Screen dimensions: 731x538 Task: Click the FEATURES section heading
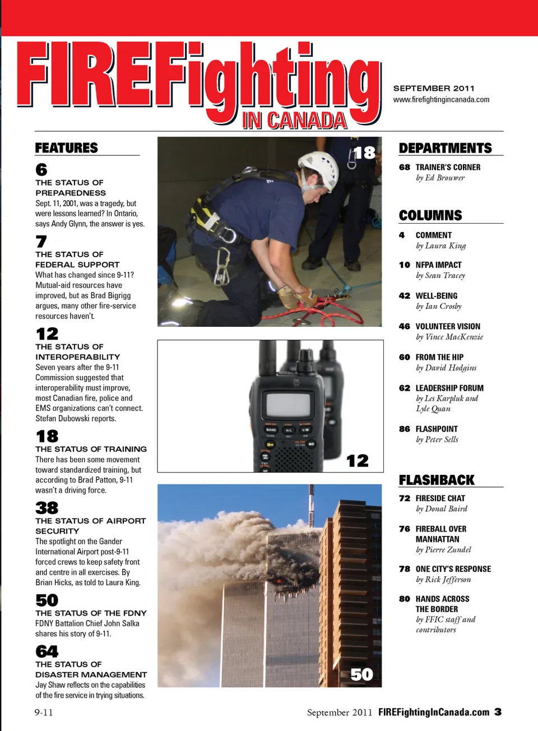(66, 148)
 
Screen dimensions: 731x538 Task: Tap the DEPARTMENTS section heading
(445, 148)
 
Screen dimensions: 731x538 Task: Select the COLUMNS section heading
(430, 216)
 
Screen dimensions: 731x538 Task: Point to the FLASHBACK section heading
(437, 480)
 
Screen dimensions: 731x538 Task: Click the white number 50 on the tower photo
(361, 674)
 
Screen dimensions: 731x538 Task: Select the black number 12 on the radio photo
(358, 461)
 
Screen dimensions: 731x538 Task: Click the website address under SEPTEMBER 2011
(441, 100)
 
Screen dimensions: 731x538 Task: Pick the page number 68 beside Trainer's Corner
(404, 168)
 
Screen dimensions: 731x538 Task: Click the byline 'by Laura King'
(440, 246)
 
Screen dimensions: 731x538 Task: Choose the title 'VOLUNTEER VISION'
(448, 327)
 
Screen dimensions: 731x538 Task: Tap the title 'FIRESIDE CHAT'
(440, 498)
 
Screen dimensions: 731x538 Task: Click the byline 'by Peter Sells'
(437, 439)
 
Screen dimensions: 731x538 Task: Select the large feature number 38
(47, 508)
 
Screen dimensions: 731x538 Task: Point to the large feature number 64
(47, 651)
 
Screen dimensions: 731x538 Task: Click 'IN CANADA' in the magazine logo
(294, 121)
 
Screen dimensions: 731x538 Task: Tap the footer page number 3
(498, 712)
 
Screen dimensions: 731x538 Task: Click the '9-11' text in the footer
(44, 713)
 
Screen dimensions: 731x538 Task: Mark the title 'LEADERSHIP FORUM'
(449, 388)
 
